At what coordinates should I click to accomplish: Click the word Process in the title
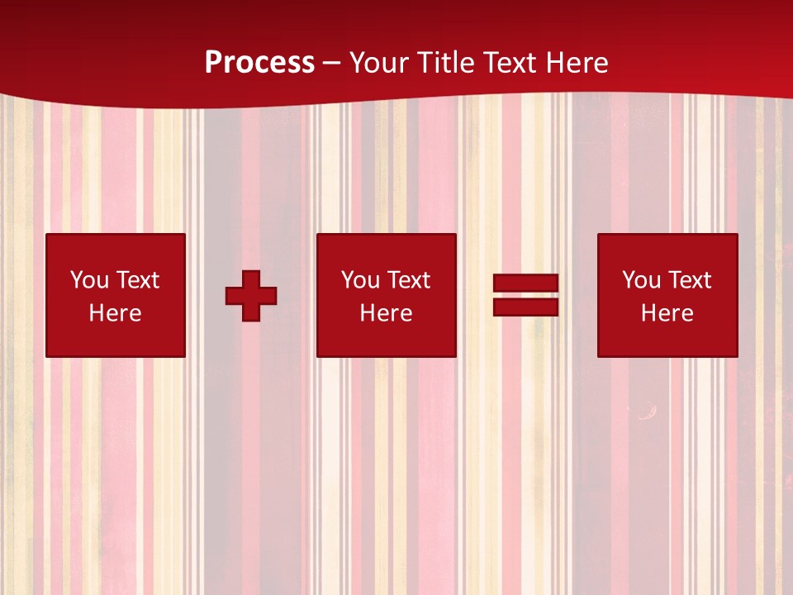coord(259,63)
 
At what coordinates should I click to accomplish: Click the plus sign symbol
coord(251,296)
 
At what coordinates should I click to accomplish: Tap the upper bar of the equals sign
coord(525,283)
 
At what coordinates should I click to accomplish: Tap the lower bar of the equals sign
coord(525,307)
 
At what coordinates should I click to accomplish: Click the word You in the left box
coord(89,280)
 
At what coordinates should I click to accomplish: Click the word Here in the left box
coord(115,313)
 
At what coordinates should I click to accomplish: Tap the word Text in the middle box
coord(409,280)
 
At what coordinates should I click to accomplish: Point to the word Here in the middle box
coord(386,313)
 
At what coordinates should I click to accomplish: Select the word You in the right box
coord(641,280)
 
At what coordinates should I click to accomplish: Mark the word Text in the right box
coord(690,280)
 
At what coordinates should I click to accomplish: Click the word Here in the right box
coord(667,313)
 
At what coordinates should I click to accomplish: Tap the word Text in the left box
coord(138,280)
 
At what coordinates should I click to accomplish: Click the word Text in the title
coord(511,63)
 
